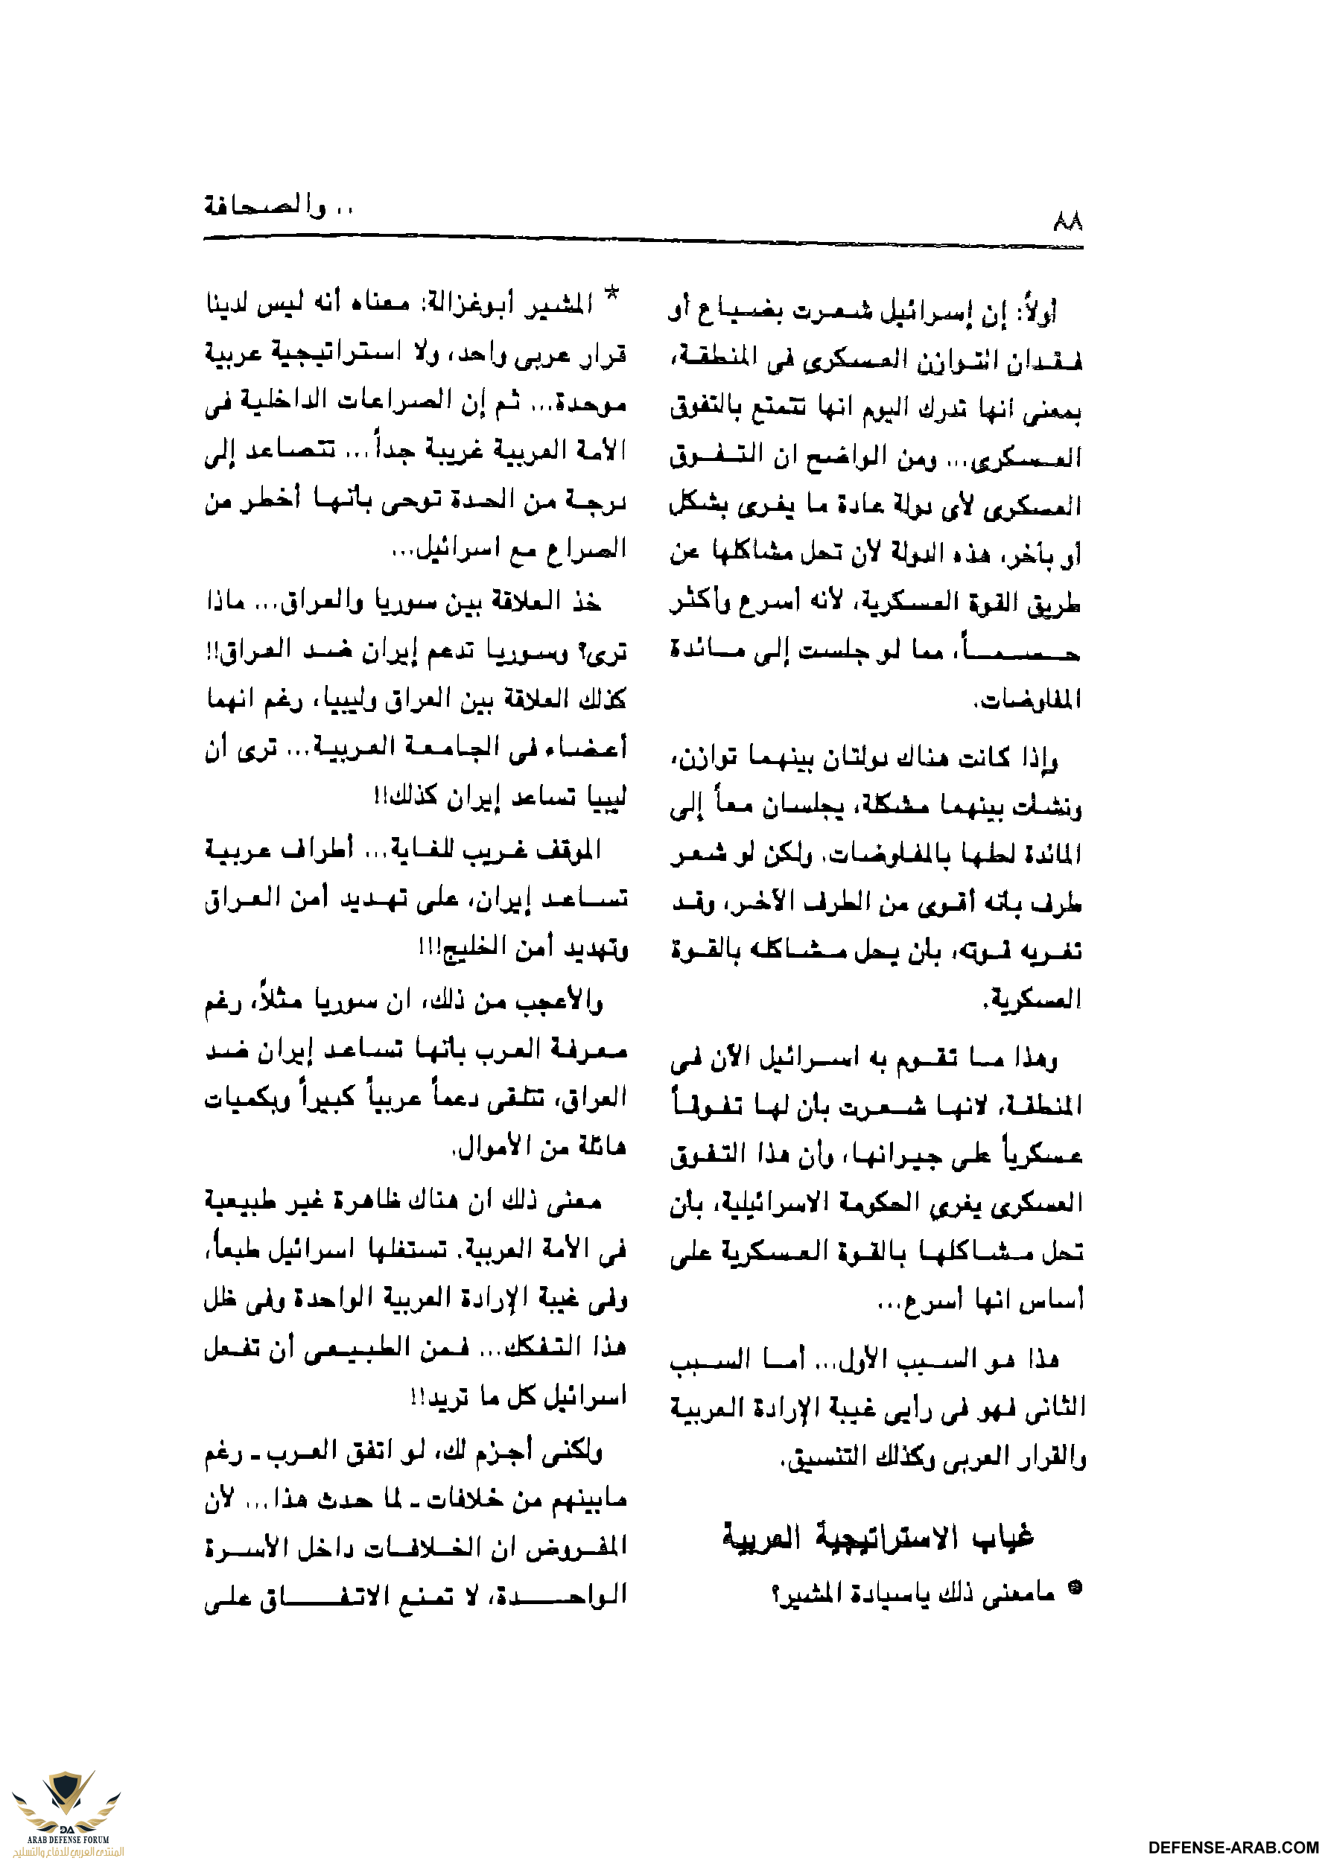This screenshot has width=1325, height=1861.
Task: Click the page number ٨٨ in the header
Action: (x=1067, y=221)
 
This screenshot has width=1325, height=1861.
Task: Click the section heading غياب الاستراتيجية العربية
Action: (x=878, y=1539)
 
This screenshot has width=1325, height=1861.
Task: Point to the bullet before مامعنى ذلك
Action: (x=1075, y=1587)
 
